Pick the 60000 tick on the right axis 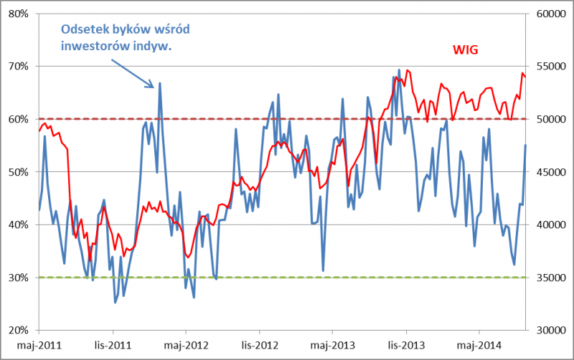548,14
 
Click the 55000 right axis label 548,67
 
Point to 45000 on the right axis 548,172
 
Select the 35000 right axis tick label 548,278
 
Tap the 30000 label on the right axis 548,330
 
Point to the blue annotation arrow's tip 154,87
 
